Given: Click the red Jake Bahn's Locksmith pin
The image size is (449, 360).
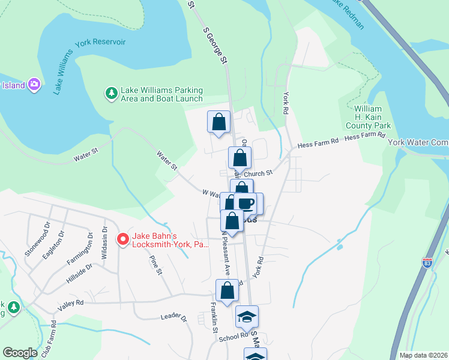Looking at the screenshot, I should coord(123,239).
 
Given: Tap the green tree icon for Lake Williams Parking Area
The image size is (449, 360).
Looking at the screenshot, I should coord(111,93).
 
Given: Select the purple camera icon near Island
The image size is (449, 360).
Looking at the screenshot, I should coord(34,84).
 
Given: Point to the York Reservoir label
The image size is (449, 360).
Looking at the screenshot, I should coord(100,43).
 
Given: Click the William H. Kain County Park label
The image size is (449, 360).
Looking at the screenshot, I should coord(368,117).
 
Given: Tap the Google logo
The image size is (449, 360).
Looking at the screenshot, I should coord(20,353).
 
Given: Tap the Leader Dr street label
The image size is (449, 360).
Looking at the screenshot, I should coord(174,317).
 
